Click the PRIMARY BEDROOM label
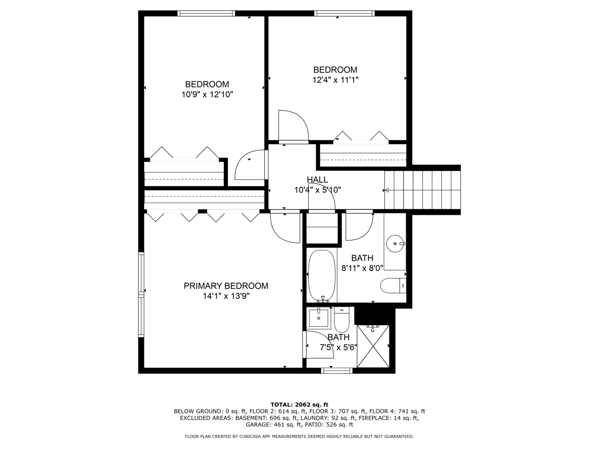pos(226,286)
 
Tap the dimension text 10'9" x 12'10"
pos(207,95)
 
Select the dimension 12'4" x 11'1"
pos(335,80)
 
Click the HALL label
pos(317,180)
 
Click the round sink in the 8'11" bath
pos(394,243)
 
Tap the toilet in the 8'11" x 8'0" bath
pos(391,286)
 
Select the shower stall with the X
pos(373,346)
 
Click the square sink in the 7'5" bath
pos(319,318)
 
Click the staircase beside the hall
pos(422,190)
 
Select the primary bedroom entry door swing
pos(285,228)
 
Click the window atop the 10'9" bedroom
pos(206,14)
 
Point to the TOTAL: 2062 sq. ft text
pos(299,404)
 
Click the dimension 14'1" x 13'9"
pos(226,296)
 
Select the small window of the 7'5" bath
pos(337,370)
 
